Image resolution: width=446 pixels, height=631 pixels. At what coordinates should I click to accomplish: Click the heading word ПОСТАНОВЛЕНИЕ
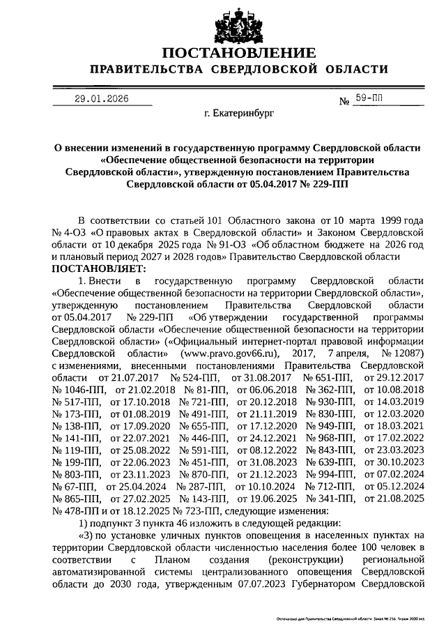pyautogui.click(x=236, y=54)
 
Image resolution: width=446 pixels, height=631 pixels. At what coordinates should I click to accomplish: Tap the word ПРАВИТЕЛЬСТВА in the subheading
pyautogui.click(x=145, y=70)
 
